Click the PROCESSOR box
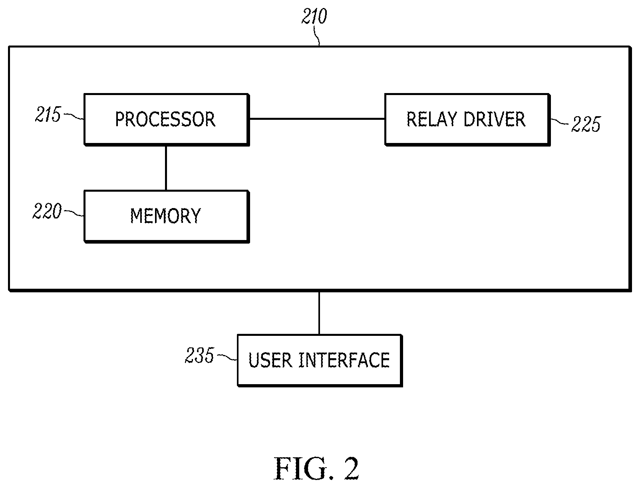pos(167,119)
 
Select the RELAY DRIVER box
pos(467,119)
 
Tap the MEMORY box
pos(167,216)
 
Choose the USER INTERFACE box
pos(320,360)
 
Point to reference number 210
pos(314,16)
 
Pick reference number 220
pos(47,211)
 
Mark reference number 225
pos(586,124)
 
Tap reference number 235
pos(200,355)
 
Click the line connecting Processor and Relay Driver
pos(317,119)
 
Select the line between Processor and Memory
pos(166,168)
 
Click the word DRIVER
pos(495,119)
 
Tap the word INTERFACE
pos(344,360)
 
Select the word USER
pos(270,360)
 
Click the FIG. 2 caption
pos(316,468)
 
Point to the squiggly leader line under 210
pos(317,36)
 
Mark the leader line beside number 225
pos(560,121)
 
